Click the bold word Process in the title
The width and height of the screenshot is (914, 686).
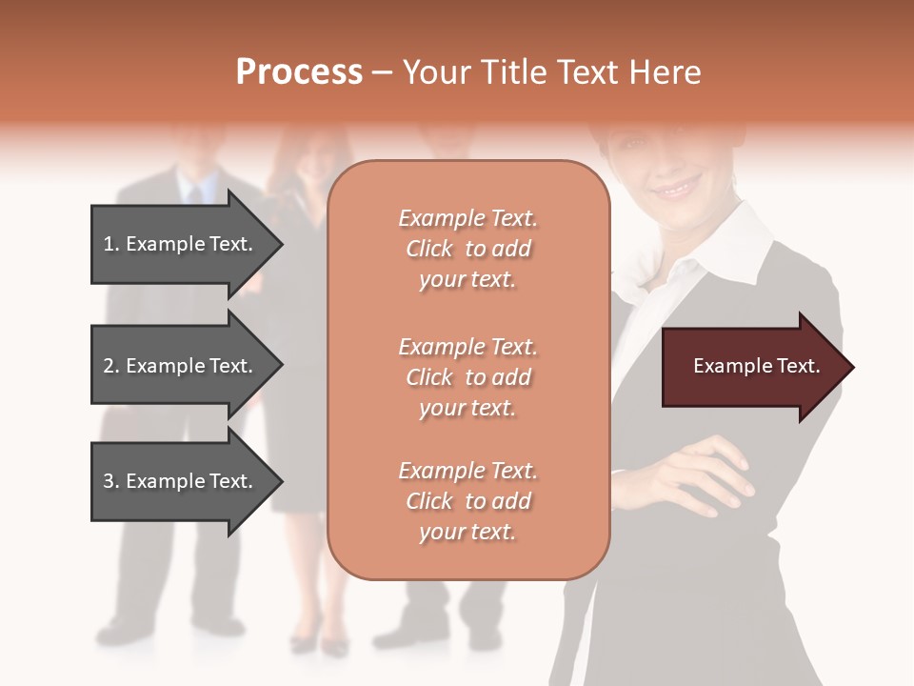pyautogui.click(x=299, y=72)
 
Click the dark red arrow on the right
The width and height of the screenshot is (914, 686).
pyautogui.click(x=752, y=367)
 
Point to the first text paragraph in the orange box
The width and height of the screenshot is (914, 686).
pyautogui.click(x=467, y=249)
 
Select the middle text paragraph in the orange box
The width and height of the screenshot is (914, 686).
pyautogui.click(x=467, y=377)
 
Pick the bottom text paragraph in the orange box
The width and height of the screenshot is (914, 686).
pyautogui.click(x=467, y=501)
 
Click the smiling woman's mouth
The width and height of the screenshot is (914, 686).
pyautogui.click(x=679, y=189)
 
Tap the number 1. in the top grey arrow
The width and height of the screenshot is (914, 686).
pyautogui.click(x=110, y=244)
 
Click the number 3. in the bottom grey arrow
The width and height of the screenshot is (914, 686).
pyautogui.click(x=110, y=481)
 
